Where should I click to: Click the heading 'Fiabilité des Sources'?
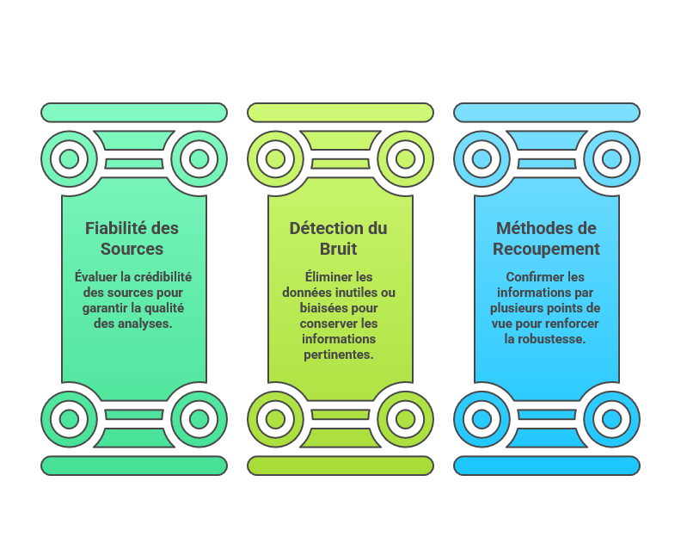pyautogui.click(x=132, y=238)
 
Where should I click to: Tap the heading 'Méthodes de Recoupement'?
pyautogui.click(x=546, y=238)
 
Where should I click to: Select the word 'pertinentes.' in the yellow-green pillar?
pyautogui.click(x=339, y=355)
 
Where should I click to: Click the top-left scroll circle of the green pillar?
pyautogui.click(x=69, y=159)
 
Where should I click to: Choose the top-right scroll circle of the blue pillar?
pyautogui.click(x=611, y=159)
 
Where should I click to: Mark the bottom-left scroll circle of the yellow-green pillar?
pyautogui.click(x=275, y=419)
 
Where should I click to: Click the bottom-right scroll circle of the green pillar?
pyautogui.click(x=199, y=419)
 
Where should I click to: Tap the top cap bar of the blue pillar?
pyautogui.click(x=546, y=113)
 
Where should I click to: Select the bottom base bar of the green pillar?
pyautogui.click(x=134, y=466)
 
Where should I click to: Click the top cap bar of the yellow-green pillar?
pyautogui.click(x=340, y=113)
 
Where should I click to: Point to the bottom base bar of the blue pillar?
pyautogui.click(x=546, y=466)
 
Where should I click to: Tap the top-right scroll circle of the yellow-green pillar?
pyautogui.click(x=405, y=159)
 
